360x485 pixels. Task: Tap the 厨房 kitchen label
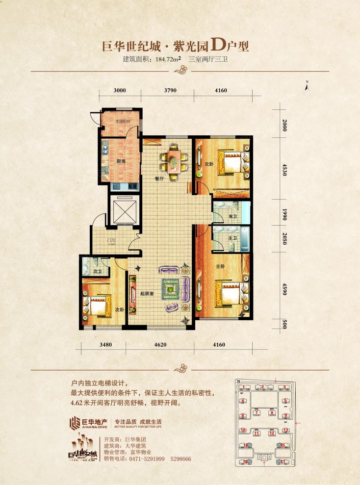coord(121,161)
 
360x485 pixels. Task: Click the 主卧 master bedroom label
coord(221,267)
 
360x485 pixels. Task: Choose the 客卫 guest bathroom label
coord(232,216)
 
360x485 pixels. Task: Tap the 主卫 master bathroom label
coord(232,238)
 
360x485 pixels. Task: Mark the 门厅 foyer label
coord(112,240)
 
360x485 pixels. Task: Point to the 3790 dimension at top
coord(170,90)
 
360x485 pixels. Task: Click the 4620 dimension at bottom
coord(161,345)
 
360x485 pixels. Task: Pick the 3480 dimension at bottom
coord(105,345)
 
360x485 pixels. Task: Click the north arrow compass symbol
coord(306,85)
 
